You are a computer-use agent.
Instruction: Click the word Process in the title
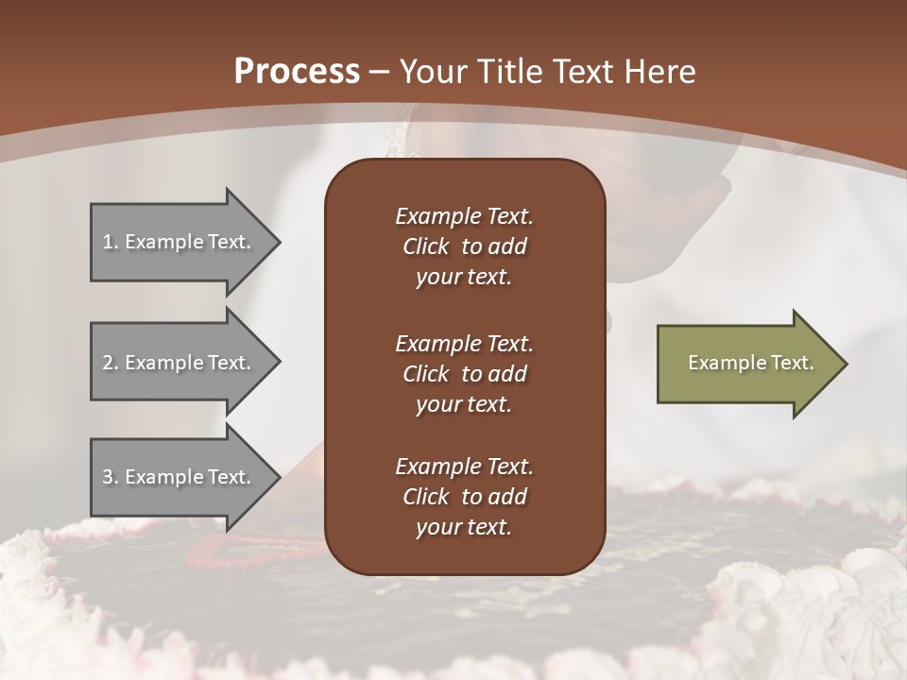(297, 72)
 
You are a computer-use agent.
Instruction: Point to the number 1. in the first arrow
(110, 242)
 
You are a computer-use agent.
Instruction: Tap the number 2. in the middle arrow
(110, 363)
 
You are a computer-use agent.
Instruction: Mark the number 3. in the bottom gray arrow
(110, 477)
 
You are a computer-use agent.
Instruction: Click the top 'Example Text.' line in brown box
(464, 216)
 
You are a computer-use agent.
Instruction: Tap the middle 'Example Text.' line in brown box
(464, 343)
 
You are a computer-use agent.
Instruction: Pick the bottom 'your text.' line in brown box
(464, 528)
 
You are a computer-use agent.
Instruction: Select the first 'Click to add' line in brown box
(464, 246)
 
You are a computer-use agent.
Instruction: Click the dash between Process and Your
(380, 73)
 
